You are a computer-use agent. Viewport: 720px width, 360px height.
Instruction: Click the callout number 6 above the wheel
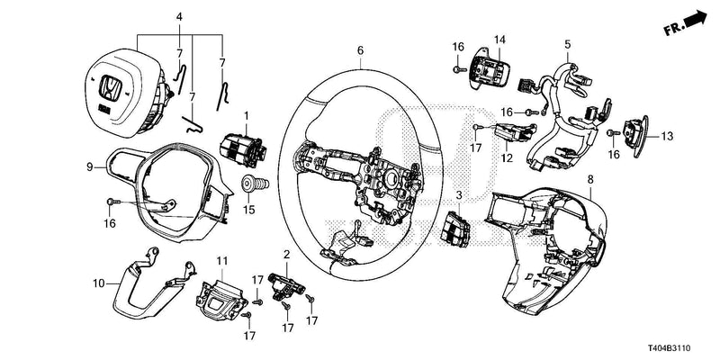360,51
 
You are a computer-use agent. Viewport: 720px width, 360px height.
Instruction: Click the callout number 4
179,17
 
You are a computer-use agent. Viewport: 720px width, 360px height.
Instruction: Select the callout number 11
220,260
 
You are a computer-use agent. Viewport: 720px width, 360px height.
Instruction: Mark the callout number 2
286,255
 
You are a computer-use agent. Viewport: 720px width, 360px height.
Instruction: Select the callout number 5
567,43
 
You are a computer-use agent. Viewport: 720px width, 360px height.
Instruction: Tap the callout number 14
499,40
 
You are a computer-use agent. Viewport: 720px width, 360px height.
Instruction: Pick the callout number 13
667,137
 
